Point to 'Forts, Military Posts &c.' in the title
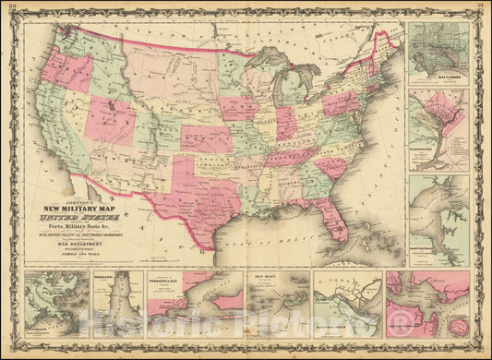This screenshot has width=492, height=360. point(82,231)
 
